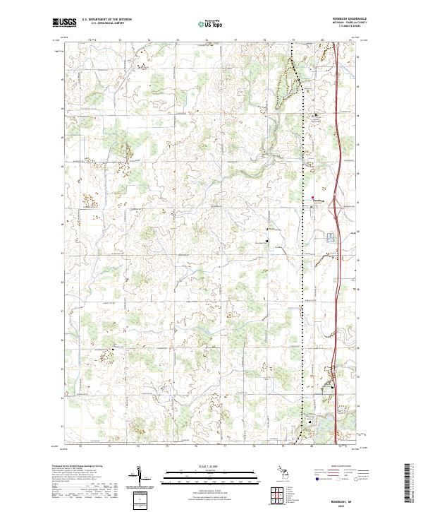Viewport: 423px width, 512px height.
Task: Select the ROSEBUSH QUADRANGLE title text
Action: (x=343, y=19)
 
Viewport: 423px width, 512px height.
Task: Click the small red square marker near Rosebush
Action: (x=313, y=197)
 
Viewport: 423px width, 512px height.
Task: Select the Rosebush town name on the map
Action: (x=319, y=201)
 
